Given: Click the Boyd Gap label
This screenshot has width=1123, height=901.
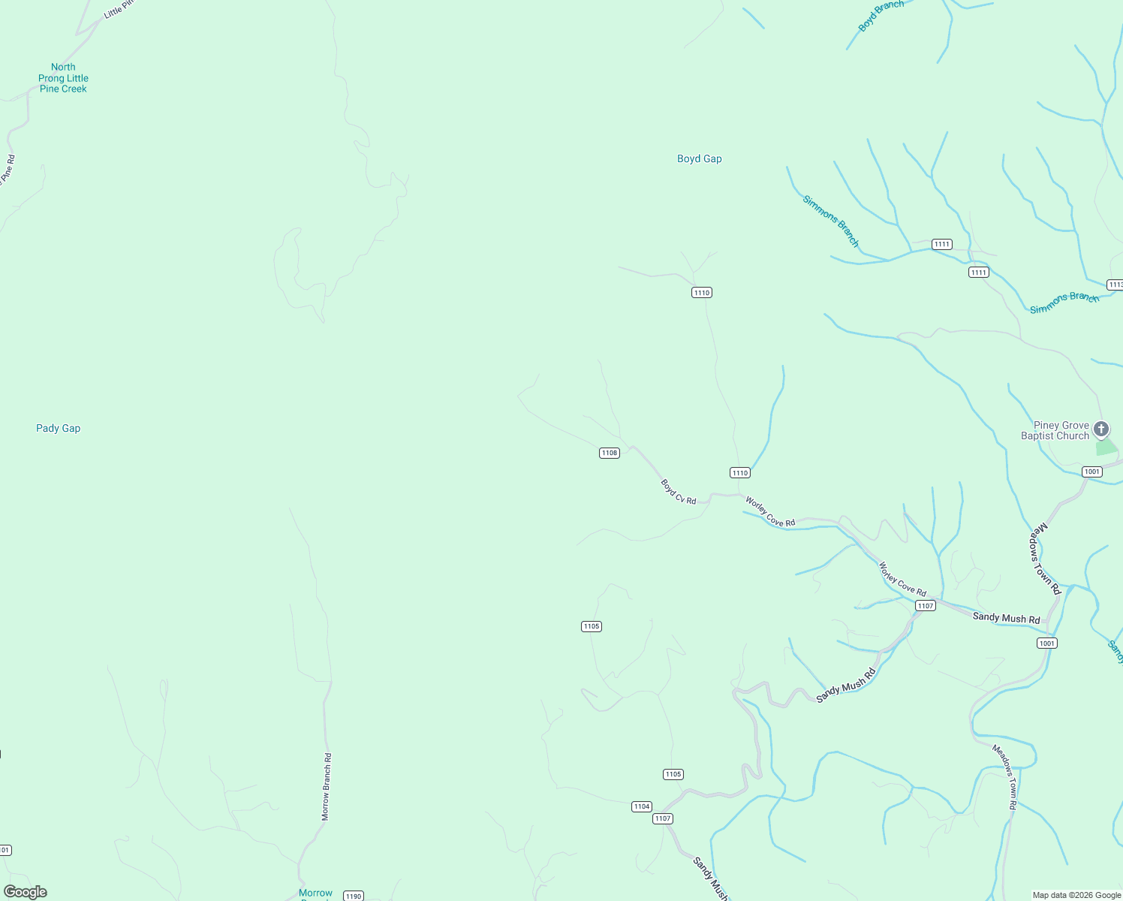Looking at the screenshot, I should (699, 158).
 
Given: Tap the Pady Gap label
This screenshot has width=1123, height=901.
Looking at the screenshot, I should (58, 428).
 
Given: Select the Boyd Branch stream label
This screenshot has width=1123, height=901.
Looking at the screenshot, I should (881, 16).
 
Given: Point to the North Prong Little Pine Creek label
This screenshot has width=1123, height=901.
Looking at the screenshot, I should (63, 78).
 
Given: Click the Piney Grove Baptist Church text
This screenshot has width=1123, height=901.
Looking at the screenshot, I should (1055, 430).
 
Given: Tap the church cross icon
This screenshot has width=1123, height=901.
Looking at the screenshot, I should (1101, 429).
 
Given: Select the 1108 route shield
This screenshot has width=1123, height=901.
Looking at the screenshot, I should (609, 453).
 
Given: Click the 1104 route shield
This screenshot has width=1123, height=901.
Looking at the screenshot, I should (641, 806).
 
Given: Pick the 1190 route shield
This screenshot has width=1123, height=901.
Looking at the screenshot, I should (354, 896).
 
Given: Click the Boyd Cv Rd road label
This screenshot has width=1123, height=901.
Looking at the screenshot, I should (679, 492).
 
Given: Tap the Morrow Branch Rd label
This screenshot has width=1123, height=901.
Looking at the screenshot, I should (327, 786).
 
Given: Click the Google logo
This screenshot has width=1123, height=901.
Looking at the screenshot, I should (26, 892).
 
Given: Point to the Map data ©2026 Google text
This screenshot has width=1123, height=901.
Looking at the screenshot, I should (1076, 895).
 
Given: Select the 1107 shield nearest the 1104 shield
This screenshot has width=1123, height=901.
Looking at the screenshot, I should (662, 818).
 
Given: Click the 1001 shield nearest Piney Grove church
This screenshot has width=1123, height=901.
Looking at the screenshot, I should (1091, 472).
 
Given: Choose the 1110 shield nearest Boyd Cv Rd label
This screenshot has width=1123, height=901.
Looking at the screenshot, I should (739, 472).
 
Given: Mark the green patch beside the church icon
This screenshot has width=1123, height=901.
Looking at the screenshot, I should (1106, 447).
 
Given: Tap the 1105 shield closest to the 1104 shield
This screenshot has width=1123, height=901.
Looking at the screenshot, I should (673, 774).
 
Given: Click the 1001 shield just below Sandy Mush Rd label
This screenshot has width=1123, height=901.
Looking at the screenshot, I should (1046, 643).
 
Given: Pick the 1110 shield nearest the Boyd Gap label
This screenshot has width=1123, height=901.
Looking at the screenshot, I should (701, 292).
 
